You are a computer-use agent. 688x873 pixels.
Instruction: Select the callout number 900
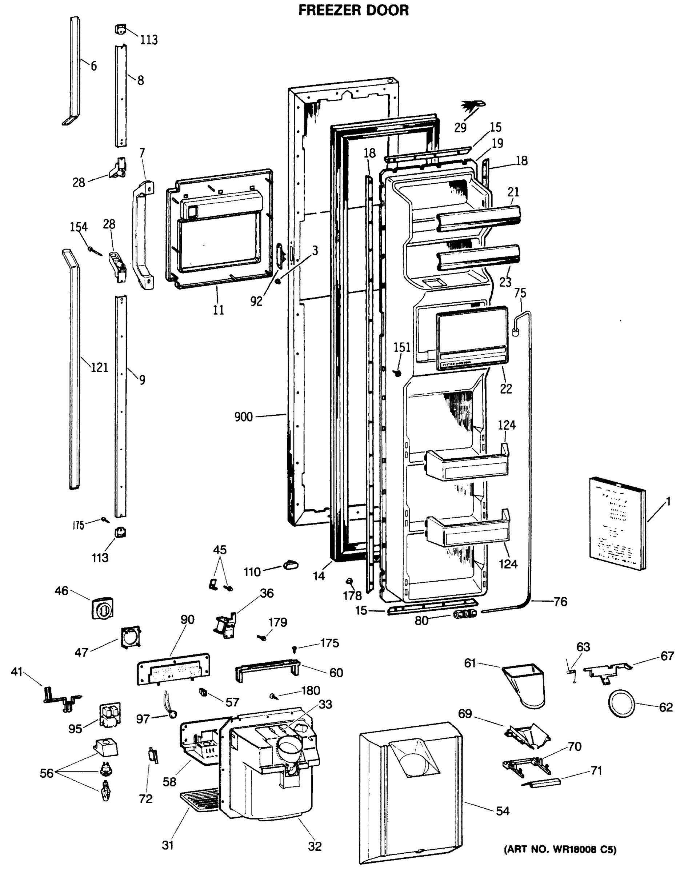click(x=243, y=417)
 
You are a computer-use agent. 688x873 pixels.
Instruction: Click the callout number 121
click(x=99, y=367)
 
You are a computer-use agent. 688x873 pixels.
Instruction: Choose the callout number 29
click(x=460, y=128)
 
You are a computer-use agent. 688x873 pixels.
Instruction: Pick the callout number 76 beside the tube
click(x=560, y=602)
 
